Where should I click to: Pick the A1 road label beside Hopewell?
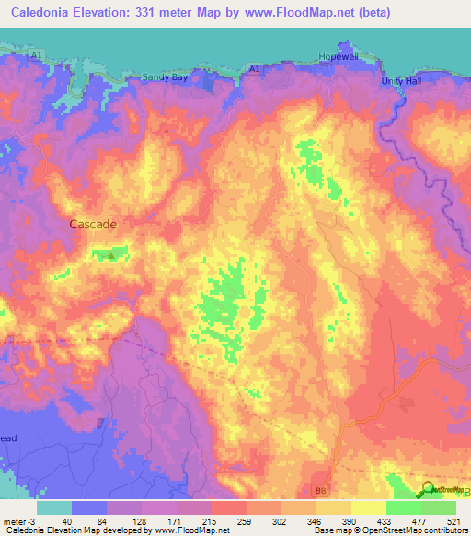[254, 69]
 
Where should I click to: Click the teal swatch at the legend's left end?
[54, 507]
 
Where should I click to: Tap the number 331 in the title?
[147, 12]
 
